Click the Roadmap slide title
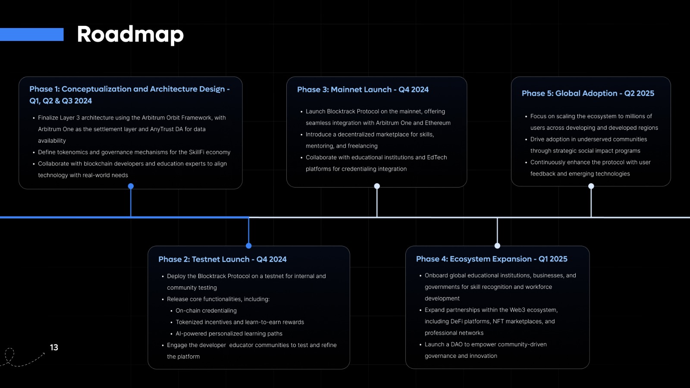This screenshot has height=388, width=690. coord(130,34)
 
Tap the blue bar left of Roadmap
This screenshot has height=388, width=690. coord(32,34)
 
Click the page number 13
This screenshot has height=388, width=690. coord(54,347)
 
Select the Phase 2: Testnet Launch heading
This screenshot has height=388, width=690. coord(223,259)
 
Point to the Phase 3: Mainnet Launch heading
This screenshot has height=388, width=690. coord(363,90)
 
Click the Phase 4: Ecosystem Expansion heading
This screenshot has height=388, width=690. coord(492,259)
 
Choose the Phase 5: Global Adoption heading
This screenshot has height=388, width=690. coord(588,93)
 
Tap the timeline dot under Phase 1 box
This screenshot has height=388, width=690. coord(131,186)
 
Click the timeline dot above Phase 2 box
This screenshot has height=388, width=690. coord(248,245)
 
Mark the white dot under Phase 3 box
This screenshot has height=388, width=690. coord(377,186)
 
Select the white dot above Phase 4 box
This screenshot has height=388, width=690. coord(497,245)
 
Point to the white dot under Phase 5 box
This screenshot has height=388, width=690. coord(591,186)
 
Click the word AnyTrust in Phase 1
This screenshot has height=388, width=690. coord(162,129)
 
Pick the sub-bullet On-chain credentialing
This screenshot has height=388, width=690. coord(206,311)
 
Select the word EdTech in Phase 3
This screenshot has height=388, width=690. coord(437,157)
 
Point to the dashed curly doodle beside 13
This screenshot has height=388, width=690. coord(22,358)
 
